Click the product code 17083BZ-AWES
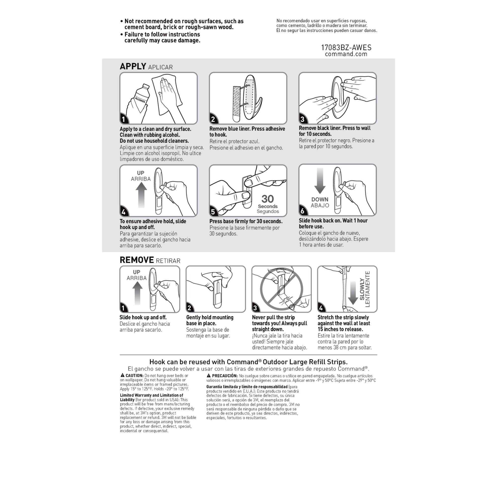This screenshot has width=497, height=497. (x=346, y=48)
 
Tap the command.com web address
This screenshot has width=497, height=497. (x=346, y=54)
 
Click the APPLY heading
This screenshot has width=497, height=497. (x=133, y=66)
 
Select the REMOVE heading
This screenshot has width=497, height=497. (x=137, y=260)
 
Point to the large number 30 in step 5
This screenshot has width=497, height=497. (x=268, y=199)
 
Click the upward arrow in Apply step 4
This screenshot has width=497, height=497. (x=141, y=195)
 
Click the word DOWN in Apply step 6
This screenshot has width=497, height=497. (x=320, y=199)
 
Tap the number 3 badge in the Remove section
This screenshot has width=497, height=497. (x=255, y=308)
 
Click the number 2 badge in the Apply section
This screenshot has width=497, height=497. (x=213, y=119)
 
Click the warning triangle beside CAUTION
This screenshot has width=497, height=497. (x=123, y=375)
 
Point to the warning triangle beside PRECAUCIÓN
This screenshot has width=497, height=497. (x=209, y=375)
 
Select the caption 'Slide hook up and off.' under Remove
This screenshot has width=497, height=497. (x=143, y=317)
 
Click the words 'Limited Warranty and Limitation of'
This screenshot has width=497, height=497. (x=152, y=395)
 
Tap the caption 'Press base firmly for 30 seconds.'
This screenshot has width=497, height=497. (x=246, y=221)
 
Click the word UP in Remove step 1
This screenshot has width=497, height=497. (x=137, y=272)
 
